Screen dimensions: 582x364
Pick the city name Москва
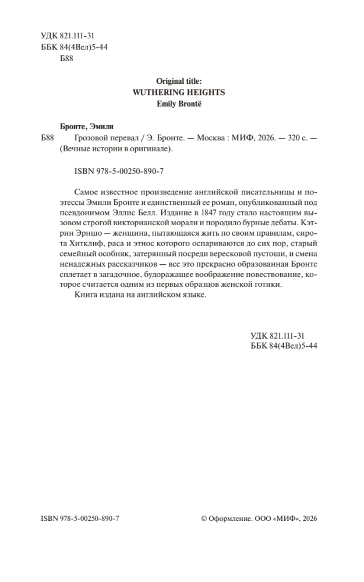[x=214, y=137]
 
